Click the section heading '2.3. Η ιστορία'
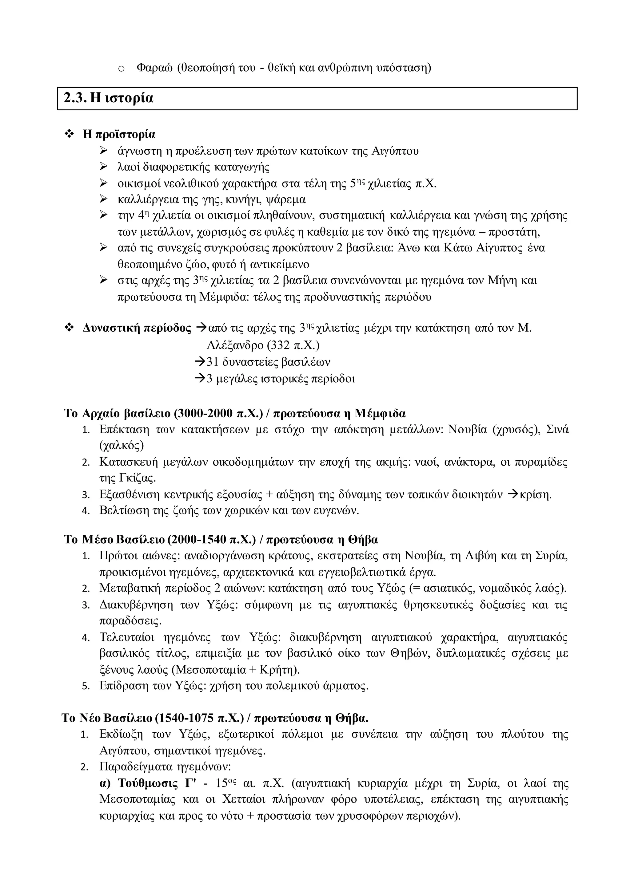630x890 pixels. (x=109, y=98)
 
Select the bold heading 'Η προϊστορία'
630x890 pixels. (x=119, y=135)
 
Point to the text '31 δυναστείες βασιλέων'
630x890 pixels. (x=268, y=362)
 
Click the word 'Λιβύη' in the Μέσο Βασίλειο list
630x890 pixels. (x=480, y=556)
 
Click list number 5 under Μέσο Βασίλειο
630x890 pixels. (x=86, y=687)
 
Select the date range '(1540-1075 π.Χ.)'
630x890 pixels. (x=199, y=718)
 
